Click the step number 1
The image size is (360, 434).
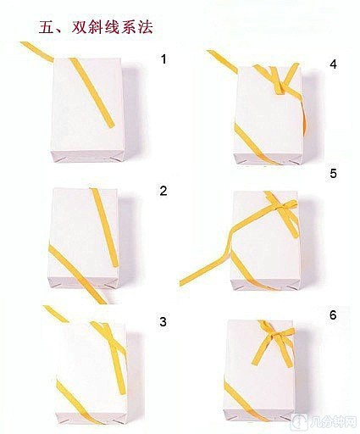pyautogui.click(x=163, y=59)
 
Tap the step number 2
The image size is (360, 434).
pyautogui.click(x=163, y=191)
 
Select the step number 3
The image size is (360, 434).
pyautogui.click(x=163, y=321)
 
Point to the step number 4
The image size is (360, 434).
pyautogui.click(x=333, y=64)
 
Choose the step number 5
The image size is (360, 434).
pyautogui.click(x=333, y=173)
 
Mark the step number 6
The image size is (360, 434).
pyautogui.click(x=333, y=315)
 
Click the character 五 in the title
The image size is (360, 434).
pyautogui.click(x=47, y=27)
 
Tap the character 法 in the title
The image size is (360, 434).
pyautogui.click(x=145, y=27)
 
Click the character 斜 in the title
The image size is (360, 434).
pyautogui.click(x=96, y=27)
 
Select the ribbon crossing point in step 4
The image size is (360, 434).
pyautogui.click(x=279, y=86)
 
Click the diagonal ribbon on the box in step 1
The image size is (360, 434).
pyautogui.click(x=91, y=92)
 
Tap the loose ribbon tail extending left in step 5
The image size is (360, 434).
pyautogui.click(x=204, y=270)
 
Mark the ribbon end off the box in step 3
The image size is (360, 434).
pyautogui.click(x=56, y=314)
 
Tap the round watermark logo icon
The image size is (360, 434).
pyautogui.click(x=299, y=423)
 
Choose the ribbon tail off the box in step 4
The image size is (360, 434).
pyautogui.click(x=222, y=62)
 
